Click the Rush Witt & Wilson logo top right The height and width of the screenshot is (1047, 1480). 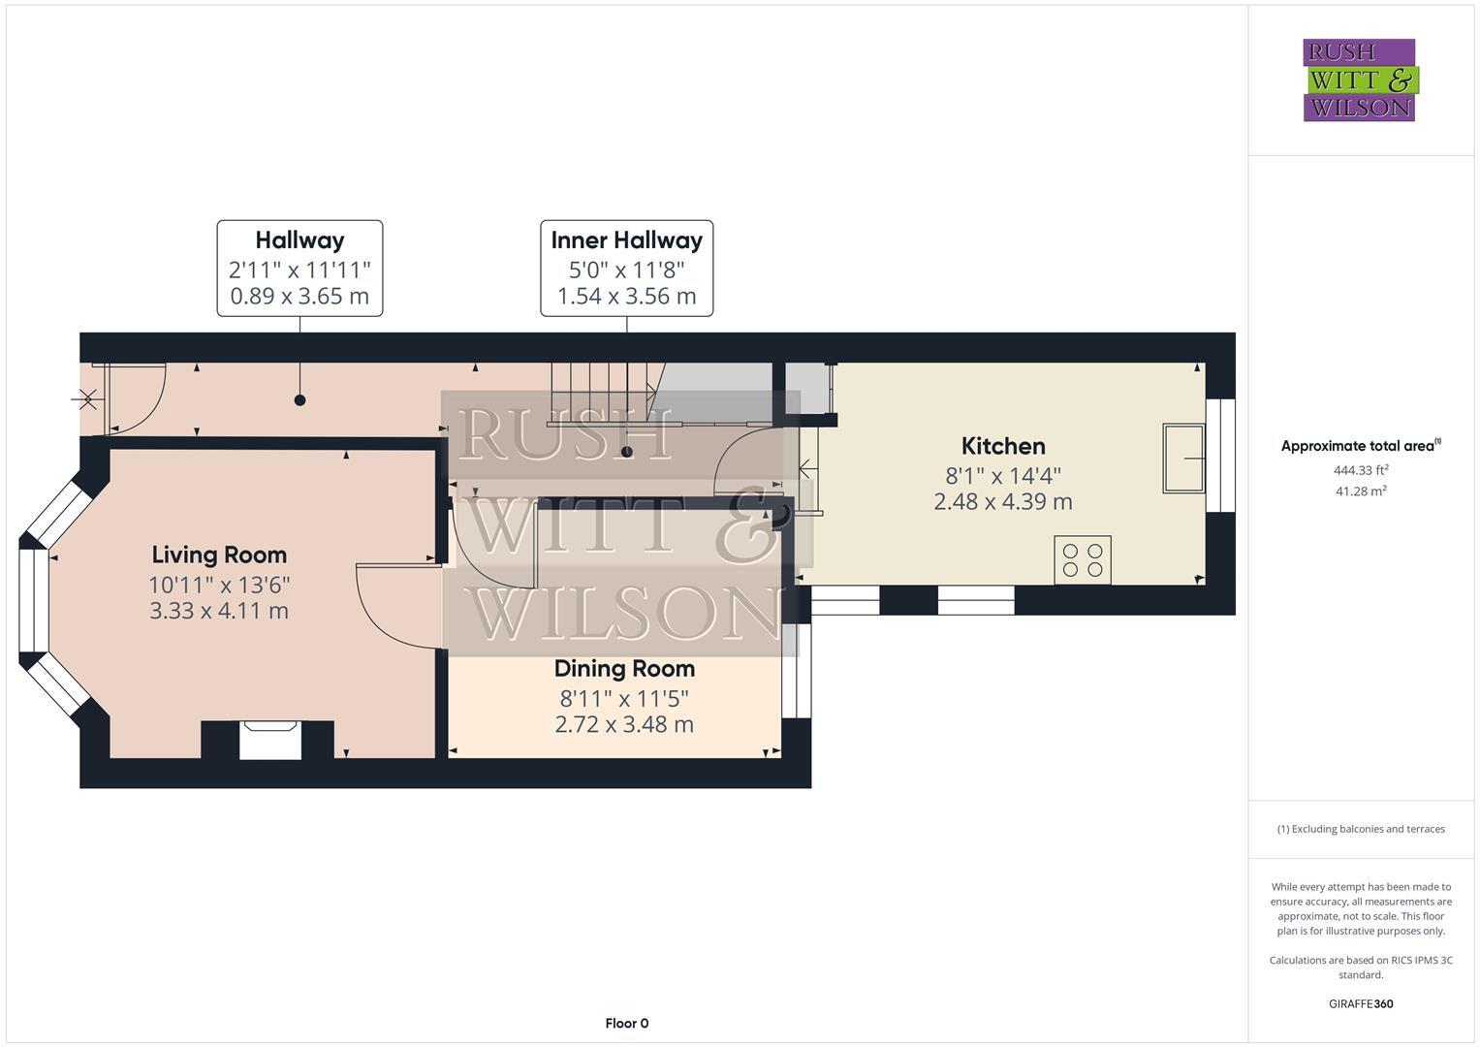point(1359,79)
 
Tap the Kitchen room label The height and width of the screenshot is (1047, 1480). point(1003,446)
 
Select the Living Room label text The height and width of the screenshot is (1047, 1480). point(219,555)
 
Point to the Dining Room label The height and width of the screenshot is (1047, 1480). point(624,668)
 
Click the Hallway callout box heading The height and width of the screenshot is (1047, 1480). point(299,240)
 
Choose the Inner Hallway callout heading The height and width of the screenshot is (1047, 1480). point(626,240)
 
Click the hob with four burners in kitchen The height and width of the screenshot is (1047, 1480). point(1083,560)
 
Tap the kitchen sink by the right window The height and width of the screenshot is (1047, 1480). point(1184,458)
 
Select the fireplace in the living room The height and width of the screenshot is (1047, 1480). point(270,741)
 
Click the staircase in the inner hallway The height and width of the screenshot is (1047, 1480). point(601,393)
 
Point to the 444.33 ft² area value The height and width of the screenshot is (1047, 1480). point(1361,470)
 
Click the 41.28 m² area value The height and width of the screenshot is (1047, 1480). point(1361,492)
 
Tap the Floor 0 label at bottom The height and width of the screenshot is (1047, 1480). point(626,1023)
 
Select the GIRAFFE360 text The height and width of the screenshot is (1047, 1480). point(1361,1003)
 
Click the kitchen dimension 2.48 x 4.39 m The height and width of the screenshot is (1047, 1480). point(1003,501)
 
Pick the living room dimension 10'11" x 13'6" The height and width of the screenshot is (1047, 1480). point(219,585)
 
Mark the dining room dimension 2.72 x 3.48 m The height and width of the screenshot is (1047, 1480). point(624,724)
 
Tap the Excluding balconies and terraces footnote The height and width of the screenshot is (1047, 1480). point(1361,829)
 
